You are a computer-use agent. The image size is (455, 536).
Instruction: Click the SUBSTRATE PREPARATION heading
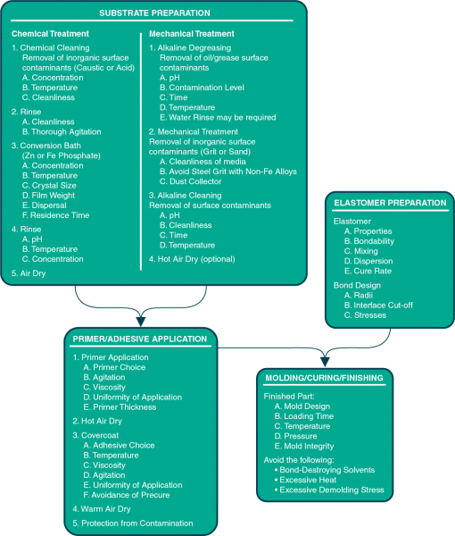pyautogui.click(x=154, y=13)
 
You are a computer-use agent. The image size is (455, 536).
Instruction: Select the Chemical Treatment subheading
pyautogui.click(x=50, y=34)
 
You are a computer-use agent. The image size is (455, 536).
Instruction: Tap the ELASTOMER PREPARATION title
pyautogui.click(x=390, y=203)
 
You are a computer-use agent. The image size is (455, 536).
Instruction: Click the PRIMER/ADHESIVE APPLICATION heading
pyautogui.click(x=140, y=339)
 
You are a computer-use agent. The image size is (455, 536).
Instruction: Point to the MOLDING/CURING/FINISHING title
pyautogui.click(x=324, y=378)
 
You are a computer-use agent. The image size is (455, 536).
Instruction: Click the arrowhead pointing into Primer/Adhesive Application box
pyautogui.click(x=141, y=322)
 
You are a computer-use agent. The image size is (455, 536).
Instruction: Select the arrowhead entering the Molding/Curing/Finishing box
pyautogui.click(x=325, y=362)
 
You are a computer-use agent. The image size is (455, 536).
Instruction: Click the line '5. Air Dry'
pyautogui.click(x=29, y=273)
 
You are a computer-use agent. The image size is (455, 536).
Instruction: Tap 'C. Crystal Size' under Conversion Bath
pyautogui.click(x=49, y=186)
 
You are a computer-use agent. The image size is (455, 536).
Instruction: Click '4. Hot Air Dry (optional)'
pyautogui.click(x=192, y=259)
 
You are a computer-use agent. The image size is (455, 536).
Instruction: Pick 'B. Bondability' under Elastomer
pyautogui.click(x=369, y=241)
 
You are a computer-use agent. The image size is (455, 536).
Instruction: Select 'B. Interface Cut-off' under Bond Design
pyautogui.click(x=378, y=306)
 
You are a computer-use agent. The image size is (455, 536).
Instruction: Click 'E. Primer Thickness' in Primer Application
pyautogui.click(x=120, y=407)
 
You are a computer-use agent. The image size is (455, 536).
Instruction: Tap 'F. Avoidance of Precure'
pyautogui.click(x=127, y=495)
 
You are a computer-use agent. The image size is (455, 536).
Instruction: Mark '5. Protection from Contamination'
pyautogui.click(x=133, y=523)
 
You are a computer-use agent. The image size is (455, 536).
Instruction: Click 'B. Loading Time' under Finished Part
pyautogui.click(x=304, y=416)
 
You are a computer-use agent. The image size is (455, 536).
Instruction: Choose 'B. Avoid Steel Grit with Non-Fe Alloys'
pyautogui.click(x=228, y=172)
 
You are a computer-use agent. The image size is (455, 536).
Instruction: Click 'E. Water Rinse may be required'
pyautogui.click(x=218, y=118)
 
